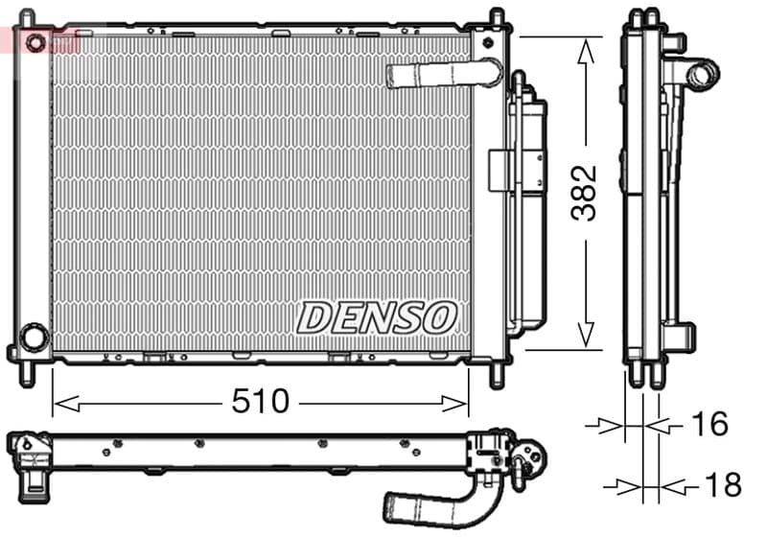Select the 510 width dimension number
pos(260,402)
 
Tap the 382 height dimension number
pos(584,193)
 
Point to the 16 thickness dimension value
pos(709,423)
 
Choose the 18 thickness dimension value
pos(721,484)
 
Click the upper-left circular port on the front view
pos(35,43)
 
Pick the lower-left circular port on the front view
pos(34,338)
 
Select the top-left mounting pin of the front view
pos(27,18)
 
